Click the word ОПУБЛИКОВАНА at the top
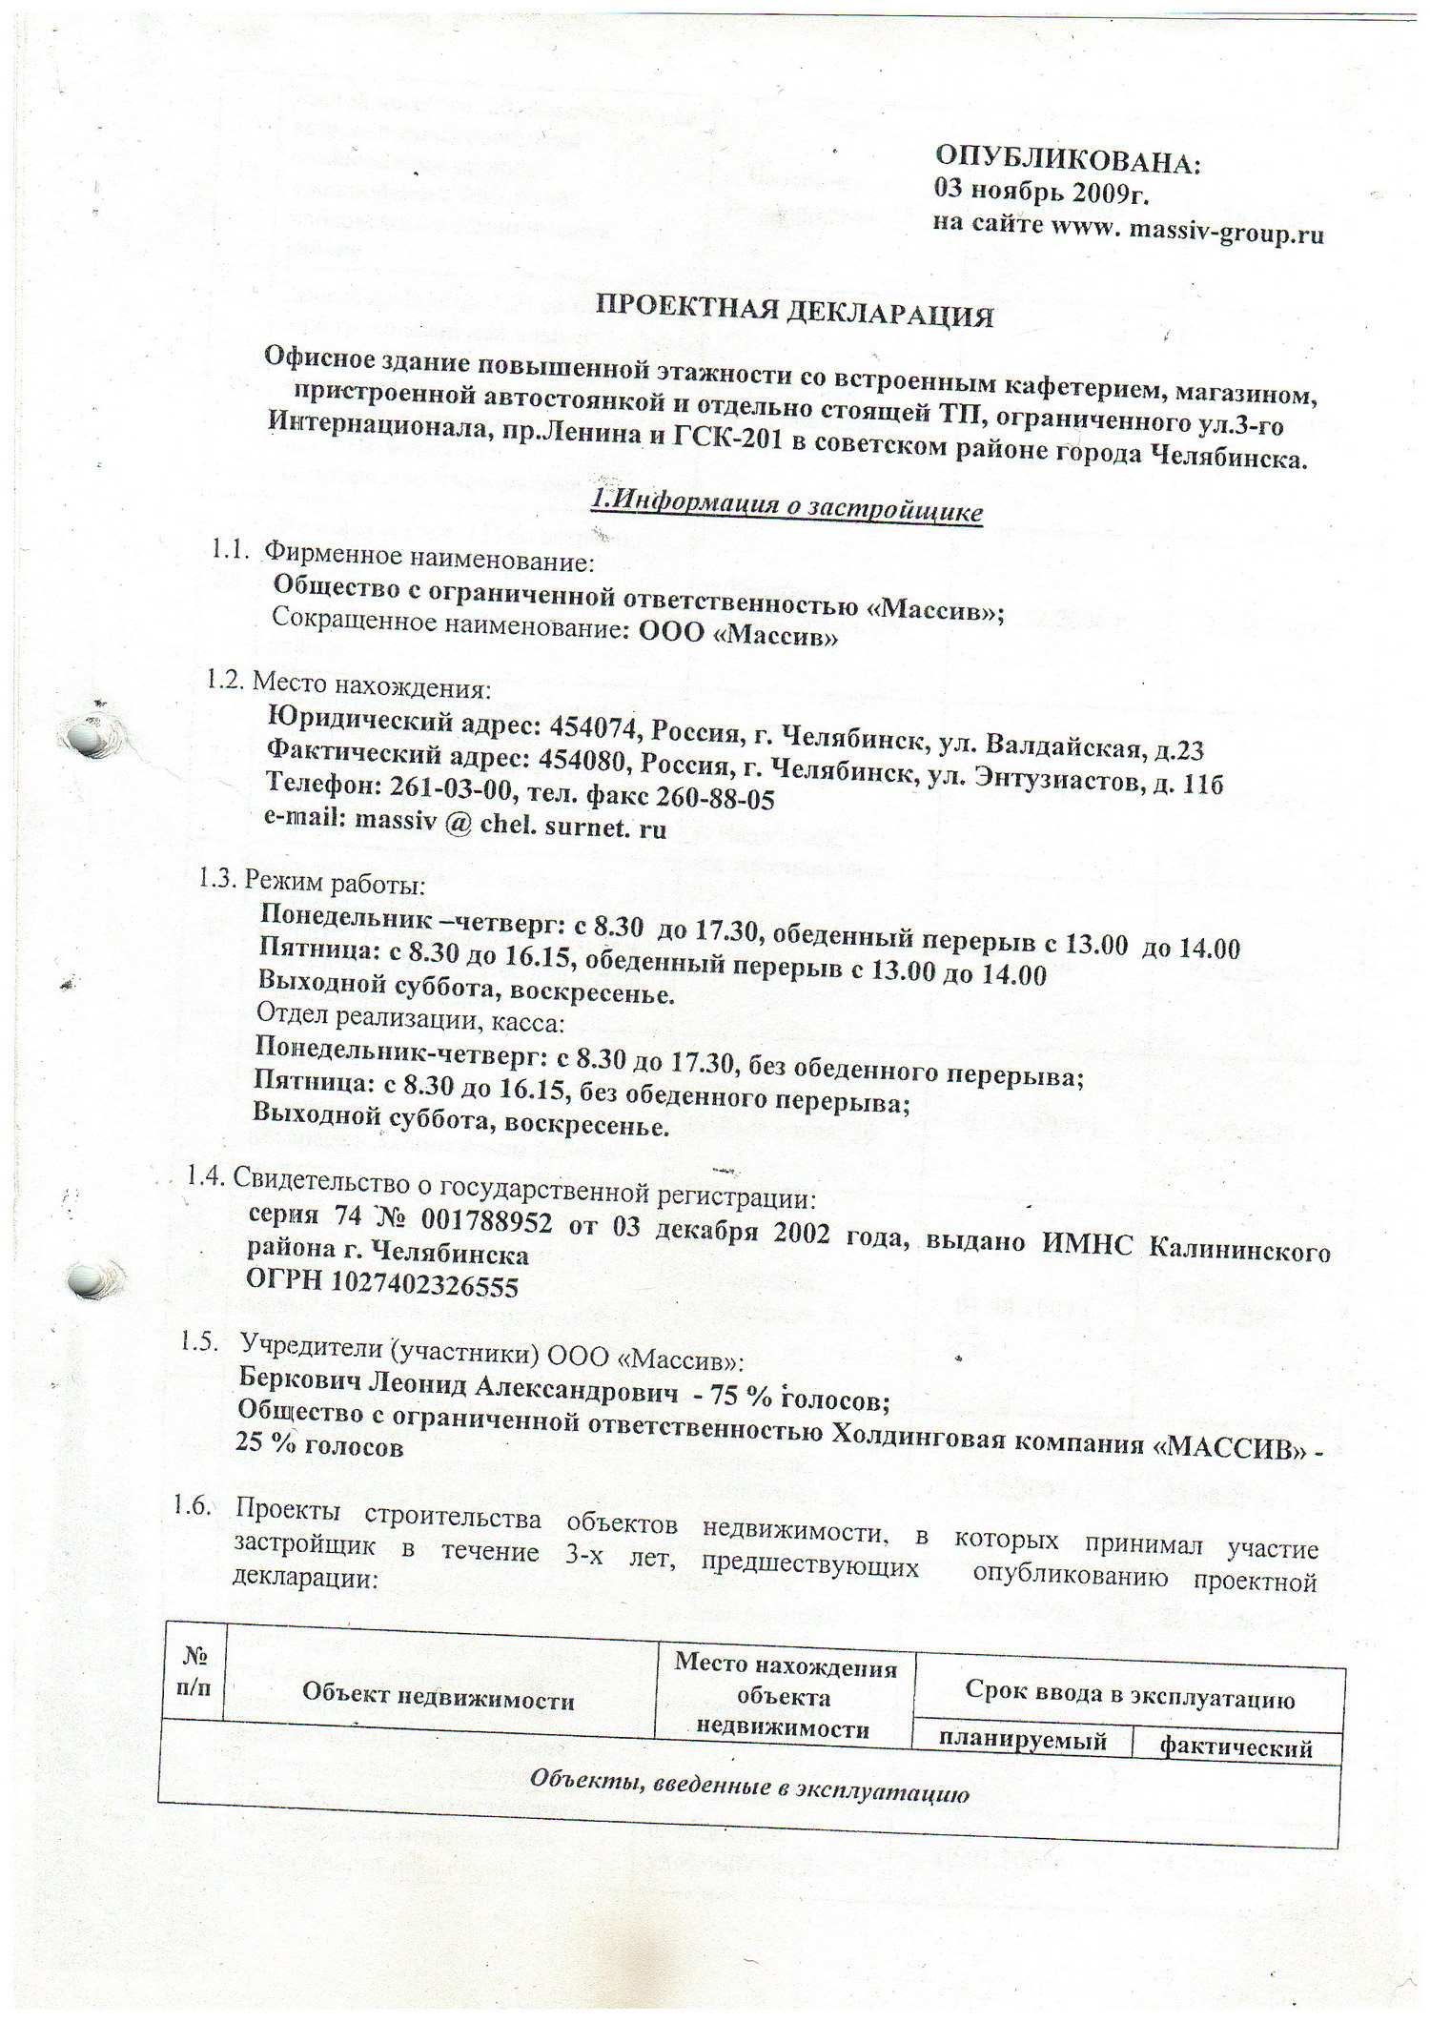tap(1068, 158)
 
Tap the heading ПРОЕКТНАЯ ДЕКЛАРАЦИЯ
tap(794, 311)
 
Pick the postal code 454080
tap(583, 760)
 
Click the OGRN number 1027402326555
tap(424, 1285)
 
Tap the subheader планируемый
tap(1022, 1740)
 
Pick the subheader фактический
tap(1236, 1746)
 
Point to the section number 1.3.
tap(216, 878)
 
